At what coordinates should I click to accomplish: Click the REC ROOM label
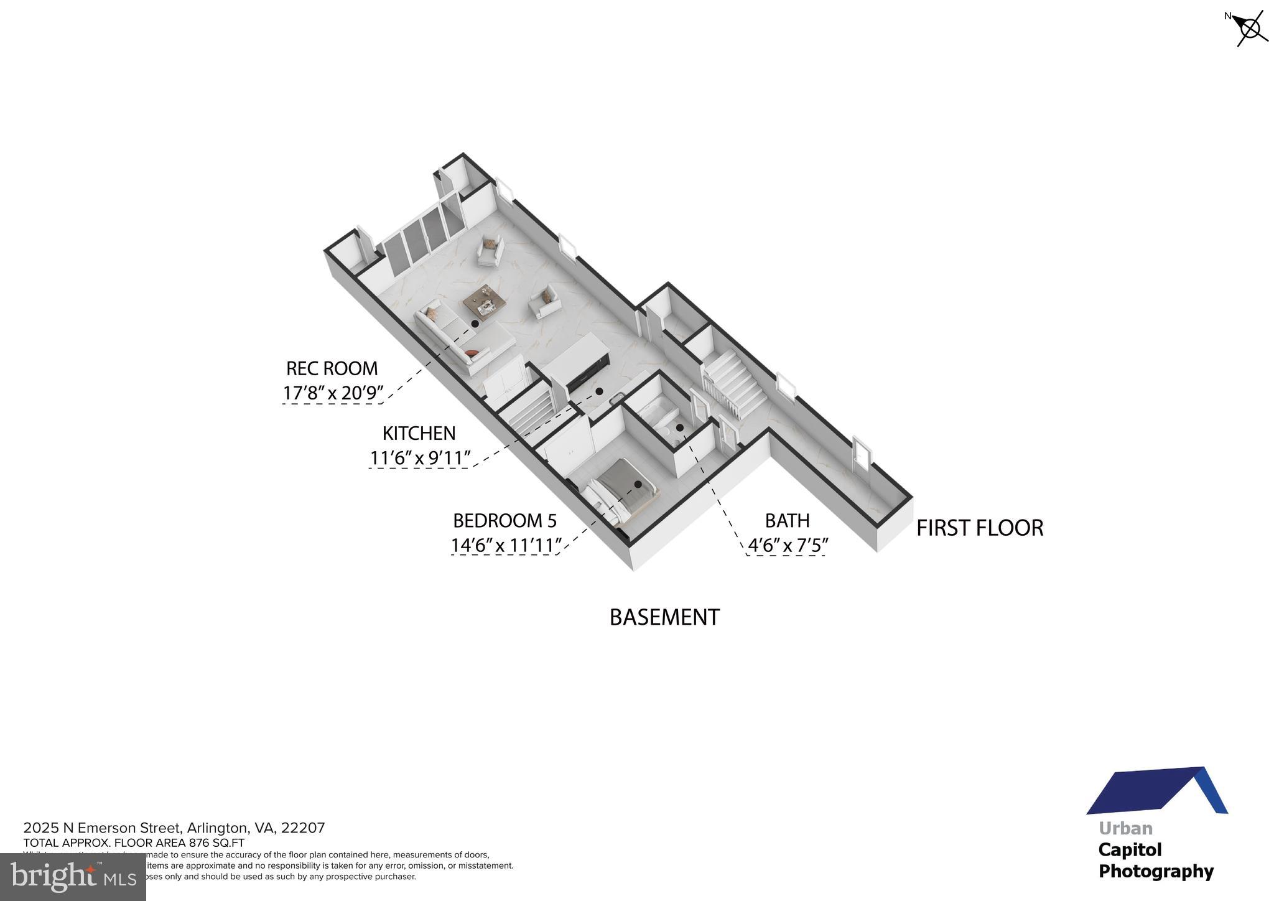332,368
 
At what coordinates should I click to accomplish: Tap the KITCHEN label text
419,433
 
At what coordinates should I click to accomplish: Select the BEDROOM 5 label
504,520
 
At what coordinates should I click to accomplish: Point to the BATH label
787,520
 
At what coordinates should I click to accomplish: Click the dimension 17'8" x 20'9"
333,393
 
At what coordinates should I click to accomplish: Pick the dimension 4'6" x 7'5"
788,545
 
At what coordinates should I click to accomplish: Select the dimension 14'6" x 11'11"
506,545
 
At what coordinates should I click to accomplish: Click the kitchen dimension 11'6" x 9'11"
420,458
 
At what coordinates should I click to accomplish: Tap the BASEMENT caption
664,617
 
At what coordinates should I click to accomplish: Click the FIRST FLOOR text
979,528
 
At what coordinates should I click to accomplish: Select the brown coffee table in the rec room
483,302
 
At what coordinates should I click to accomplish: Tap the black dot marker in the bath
680,427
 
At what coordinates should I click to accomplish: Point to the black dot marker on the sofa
475,324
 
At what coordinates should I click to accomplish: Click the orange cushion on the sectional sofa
472,353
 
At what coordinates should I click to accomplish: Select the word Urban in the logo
1125,829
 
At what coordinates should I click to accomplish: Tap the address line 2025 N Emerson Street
174,828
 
